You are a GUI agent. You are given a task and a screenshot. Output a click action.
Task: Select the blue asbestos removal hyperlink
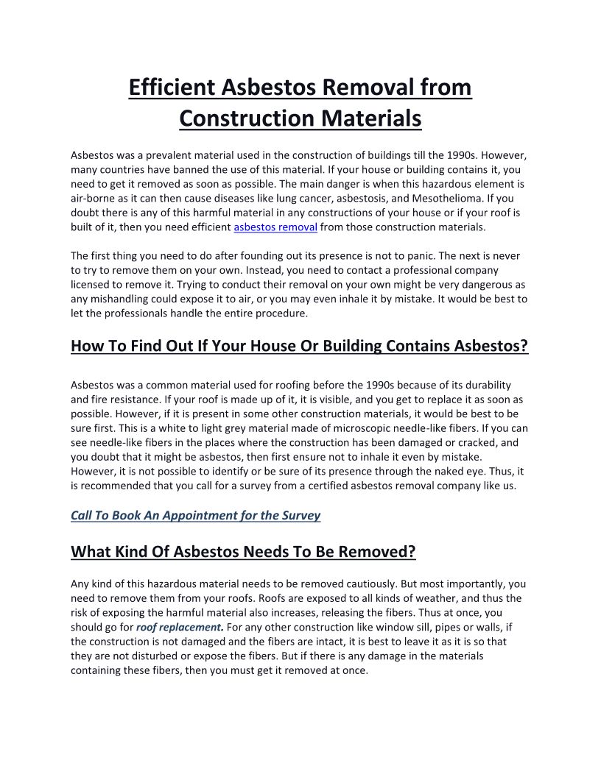pyautogui.click(x=275, y=227)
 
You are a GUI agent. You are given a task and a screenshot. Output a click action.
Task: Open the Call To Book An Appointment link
pyautogui.click(x=195, y=515)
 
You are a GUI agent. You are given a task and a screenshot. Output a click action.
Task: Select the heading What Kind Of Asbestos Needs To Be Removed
pyautogui.click(x=243, y=551)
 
